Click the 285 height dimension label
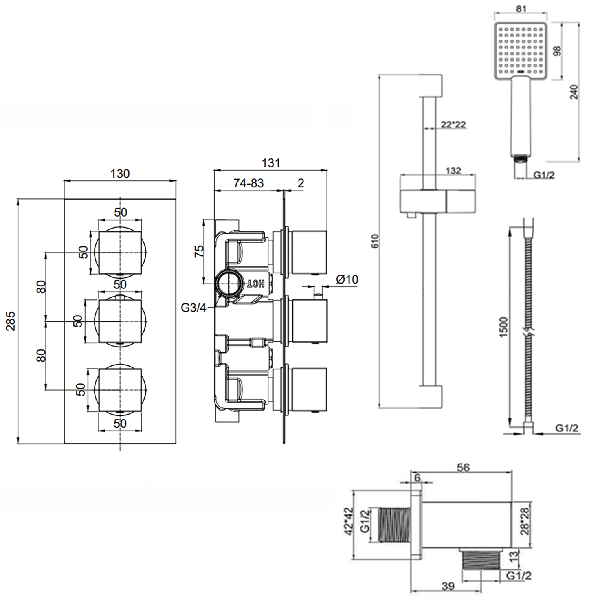pyautogui.click(x=11, y=321)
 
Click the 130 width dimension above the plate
pyautogui.click(x=120, y=174)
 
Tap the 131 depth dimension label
pyautogui.click(x=271, y=163)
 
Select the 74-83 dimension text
pyautogui.click(x=248, y=183)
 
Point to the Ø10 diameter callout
pyautogui.click(x=347, y=279)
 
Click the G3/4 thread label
pyautogui.click(x=193, y=308)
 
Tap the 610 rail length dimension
pyautogui.click(x=375, y=241)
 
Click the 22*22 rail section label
pyautogui.click(x=453, y=125)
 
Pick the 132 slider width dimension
pyautogui.click(x=453, y=170)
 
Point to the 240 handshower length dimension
pyautogui.click(x=574, y=92)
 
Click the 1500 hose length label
pyautogui.click(x=504, y=327)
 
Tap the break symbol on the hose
pyautogui.click(x=529, y=331)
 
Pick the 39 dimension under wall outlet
pyautogui.click(x=448, y=586)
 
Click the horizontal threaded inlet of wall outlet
pyautogui.click(x=394, y=525)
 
